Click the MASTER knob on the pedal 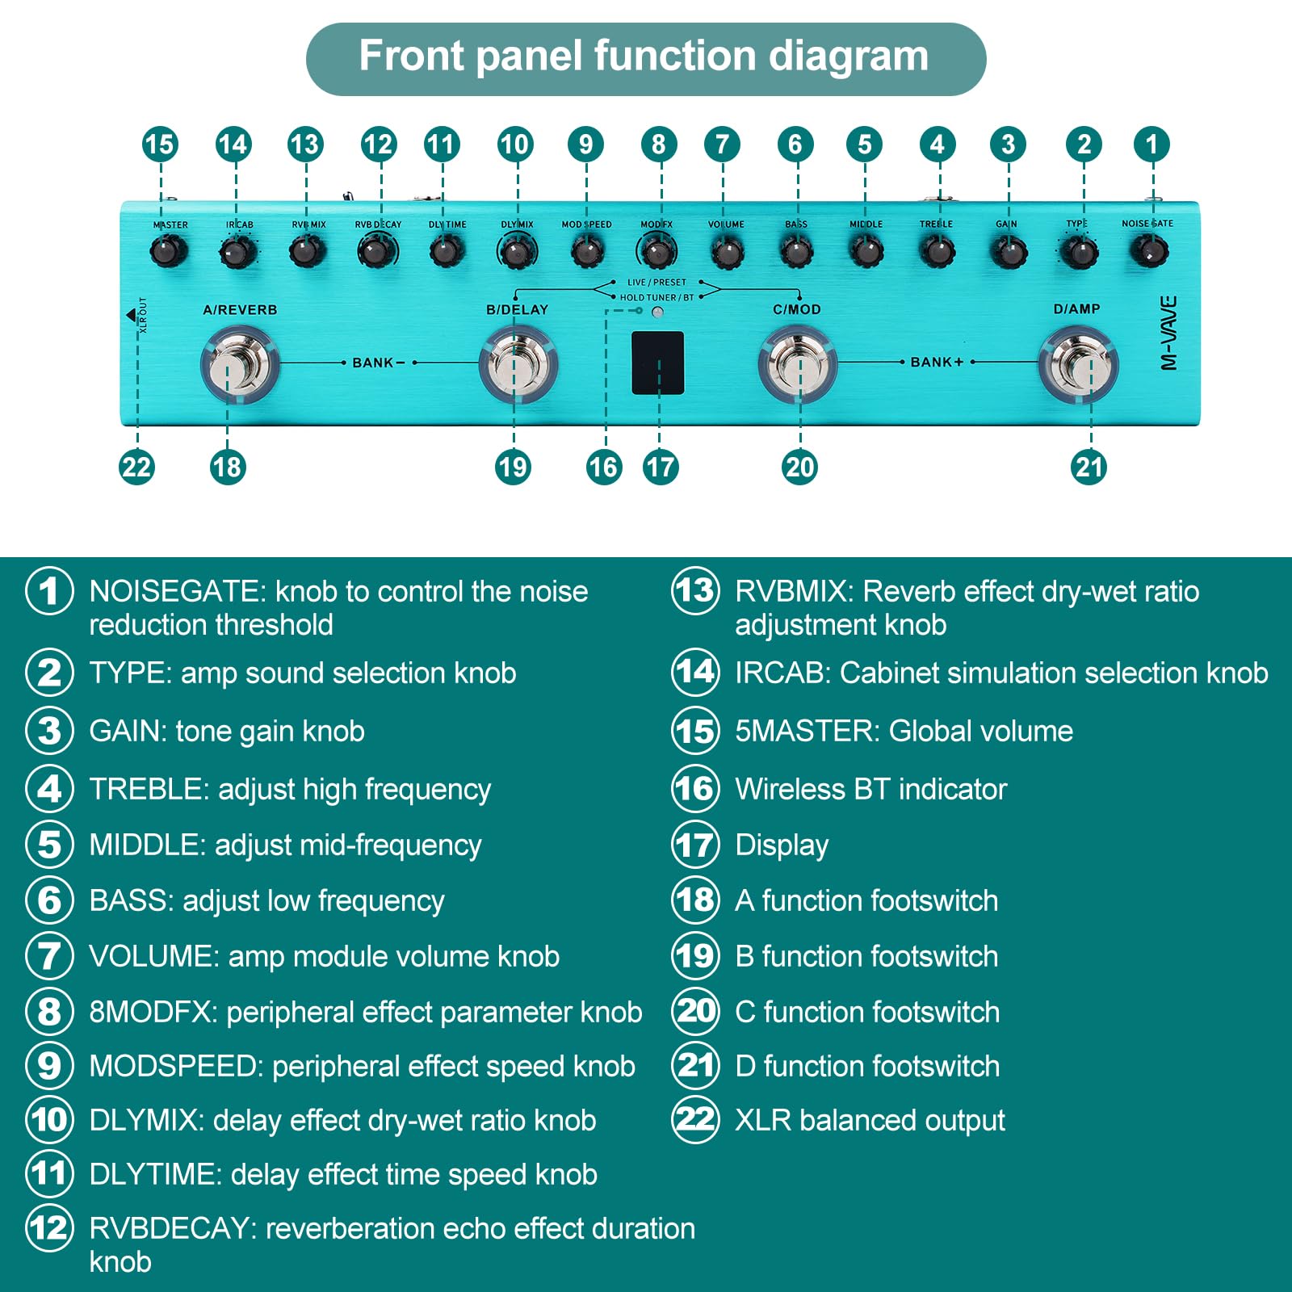coord(168,251)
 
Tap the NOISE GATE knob coord(1148,250)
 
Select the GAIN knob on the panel coord(1008,252)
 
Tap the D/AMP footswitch coord(1079,365)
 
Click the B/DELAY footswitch coord(518,365)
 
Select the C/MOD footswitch coord(798,365)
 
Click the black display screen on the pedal coord(657,363)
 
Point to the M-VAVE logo coord(1168,333)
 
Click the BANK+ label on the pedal coord(937,362)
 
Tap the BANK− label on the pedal coord(378,363)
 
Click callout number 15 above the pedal coord(160,145)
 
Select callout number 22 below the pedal coord(136,467)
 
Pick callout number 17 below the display coord(661,467)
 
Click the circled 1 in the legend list coord(49,590)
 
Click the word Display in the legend coord(782,845)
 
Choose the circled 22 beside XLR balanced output coord(695,1119)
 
